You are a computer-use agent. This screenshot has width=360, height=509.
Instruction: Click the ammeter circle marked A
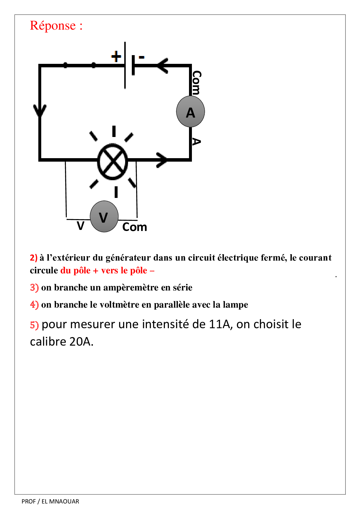point(190,112)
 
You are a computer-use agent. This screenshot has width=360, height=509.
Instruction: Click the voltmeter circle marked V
point(104,216)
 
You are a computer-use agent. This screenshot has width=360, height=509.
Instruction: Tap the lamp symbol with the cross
point(113,161)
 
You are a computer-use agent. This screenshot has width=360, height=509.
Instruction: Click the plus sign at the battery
point(116,56)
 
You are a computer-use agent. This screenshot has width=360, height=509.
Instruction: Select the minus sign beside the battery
point(142,57)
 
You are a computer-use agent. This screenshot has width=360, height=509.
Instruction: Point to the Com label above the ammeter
point(197,82)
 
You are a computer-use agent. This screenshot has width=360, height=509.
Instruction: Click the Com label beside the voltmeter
point(134,227)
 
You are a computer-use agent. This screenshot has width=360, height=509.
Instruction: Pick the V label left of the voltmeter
point(80,225)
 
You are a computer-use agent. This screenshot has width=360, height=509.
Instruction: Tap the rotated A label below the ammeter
point(196,142)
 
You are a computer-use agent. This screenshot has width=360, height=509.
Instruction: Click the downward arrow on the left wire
point(40,110)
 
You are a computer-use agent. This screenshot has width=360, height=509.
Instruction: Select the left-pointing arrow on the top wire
point(163,66)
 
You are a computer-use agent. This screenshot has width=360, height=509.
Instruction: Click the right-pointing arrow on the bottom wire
point(161,160)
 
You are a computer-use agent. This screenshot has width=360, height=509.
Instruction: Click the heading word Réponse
point(53,26)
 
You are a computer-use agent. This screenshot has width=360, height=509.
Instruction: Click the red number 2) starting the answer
point(34,257)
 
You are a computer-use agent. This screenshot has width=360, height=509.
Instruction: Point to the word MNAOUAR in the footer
point(64,501)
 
